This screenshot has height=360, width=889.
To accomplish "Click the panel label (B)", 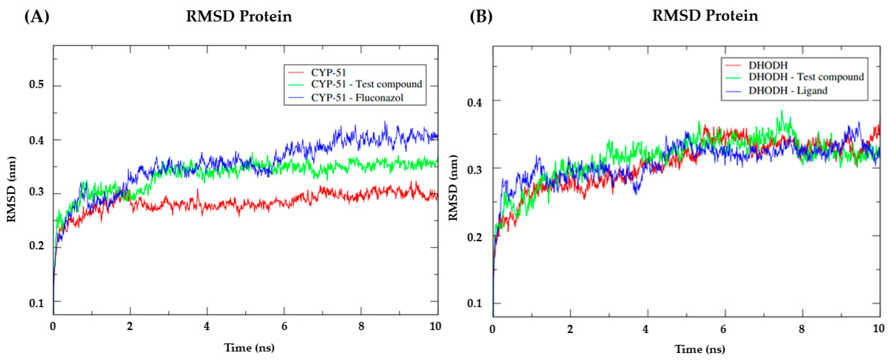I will coord(481,16).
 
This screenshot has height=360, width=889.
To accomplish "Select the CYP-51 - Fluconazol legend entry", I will coord(357,98).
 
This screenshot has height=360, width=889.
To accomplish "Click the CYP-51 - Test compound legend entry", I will coord(366,84).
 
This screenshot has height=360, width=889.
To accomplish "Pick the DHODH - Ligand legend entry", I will coord(787,91).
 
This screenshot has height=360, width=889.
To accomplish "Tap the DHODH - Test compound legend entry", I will coord(806,77).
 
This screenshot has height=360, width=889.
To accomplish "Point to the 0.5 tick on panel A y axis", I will coord(36,85).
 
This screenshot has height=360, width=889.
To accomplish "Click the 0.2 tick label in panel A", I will coord(36,246).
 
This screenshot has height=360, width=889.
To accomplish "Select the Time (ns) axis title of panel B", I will coord(700,349).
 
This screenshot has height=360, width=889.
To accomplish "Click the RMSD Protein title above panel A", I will coord(239,16).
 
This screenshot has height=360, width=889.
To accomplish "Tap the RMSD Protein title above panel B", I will coord(705,16).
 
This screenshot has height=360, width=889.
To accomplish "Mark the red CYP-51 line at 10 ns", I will coord(437,196).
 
